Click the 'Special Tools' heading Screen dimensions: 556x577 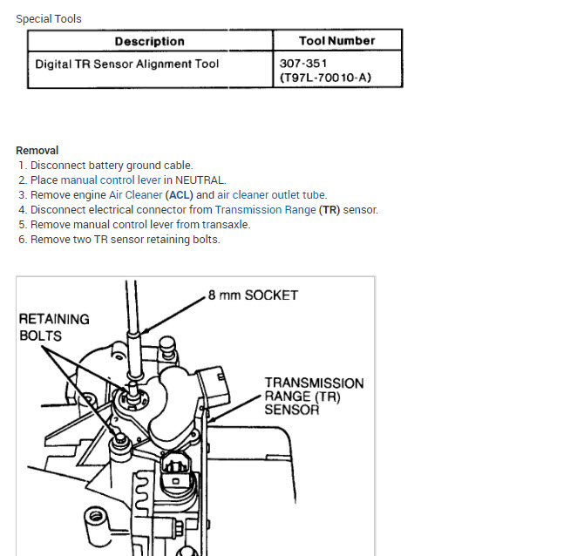point(49,18)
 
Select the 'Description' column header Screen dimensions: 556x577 point(149,41)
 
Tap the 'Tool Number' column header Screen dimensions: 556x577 point(336,40)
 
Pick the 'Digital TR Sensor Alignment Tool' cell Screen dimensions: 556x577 point(127,64)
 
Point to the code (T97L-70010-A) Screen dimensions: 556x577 point(325,78)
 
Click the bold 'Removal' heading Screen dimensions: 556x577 point(37,150)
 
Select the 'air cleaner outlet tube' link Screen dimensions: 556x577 point(272,194)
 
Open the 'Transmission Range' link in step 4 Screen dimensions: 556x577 point(265,209)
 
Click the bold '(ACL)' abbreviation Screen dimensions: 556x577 point(180,194)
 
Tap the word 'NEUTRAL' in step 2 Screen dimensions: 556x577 point(200,180)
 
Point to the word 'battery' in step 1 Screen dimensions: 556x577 point(106,165)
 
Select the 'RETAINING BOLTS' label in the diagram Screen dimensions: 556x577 point(54,327)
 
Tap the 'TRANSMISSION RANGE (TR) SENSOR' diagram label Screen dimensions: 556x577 point(314,396)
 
